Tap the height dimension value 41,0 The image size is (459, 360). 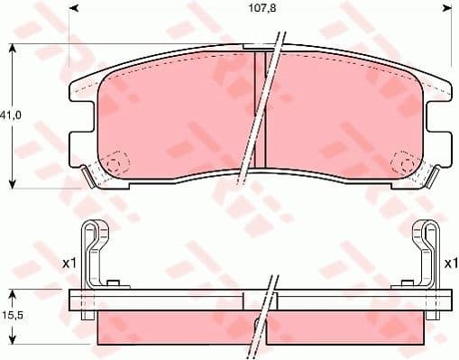click(x=11, y=116)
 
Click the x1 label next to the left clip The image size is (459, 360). click(x=68, y=263)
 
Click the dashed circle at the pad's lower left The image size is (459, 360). click(x=112, y=165)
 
